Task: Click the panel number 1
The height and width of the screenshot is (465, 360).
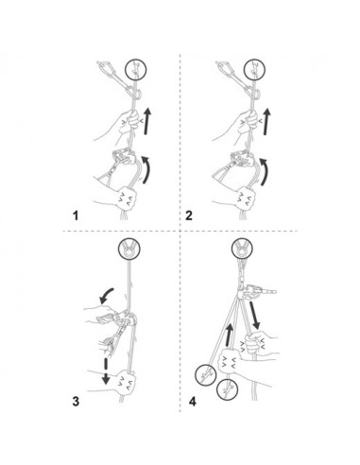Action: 76,215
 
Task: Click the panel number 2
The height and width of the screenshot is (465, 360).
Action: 189,215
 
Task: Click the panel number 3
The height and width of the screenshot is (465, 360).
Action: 76,402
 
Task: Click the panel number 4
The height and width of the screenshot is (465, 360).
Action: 193,402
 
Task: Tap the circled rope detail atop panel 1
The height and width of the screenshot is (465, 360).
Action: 136,70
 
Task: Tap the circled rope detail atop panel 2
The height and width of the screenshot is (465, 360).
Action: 254,70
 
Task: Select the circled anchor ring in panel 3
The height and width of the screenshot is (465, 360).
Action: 129,250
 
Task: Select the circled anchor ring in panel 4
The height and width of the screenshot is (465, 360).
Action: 243,250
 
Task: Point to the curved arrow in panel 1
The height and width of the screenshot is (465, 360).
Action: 147,169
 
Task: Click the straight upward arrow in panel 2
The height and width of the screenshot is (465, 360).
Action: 267,122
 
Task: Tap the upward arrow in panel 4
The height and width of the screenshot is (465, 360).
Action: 230,336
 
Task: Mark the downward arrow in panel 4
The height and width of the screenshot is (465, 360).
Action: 254,316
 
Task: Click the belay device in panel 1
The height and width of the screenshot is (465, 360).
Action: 124,156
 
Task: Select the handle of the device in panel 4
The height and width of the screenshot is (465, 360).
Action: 267,292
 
